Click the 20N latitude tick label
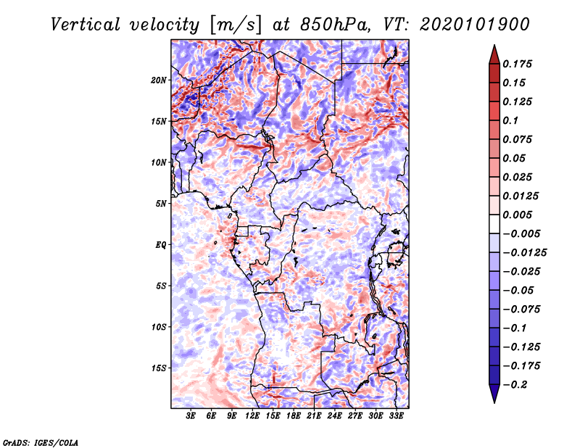click(x=159, y=80)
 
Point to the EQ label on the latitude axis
click(x=160, y=245)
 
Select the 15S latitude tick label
click(x=159, y=368)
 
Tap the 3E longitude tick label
click(x=191, y=416)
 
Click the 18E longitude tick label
click(x=294, y=416)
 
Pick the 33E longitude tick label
click(x=396, y=416)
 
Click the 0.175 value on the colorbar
click(x=517, y=64)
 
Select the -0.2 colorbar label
click(x=514, y=385)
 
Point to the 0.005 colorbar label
click(x=517, y=215)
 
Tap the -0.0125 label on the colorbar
click(x=525, y=253)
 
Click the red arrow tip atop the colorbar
click(x=494, y=46)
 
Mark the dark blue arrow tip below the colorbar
click(x=494, y=402)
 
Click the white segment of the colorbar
click(x=494, y=224)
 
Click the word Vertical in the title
click(x=85, y=25)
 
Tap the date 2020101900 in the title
click(x=475, y=25)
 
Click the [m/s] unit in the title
click(x=236, y=25)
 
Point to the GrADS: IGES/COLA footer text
click(x=41, y=443)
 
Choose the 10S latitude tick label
click(x=159, y=327)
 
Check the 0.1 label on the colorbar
click(x=510, y=120)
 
